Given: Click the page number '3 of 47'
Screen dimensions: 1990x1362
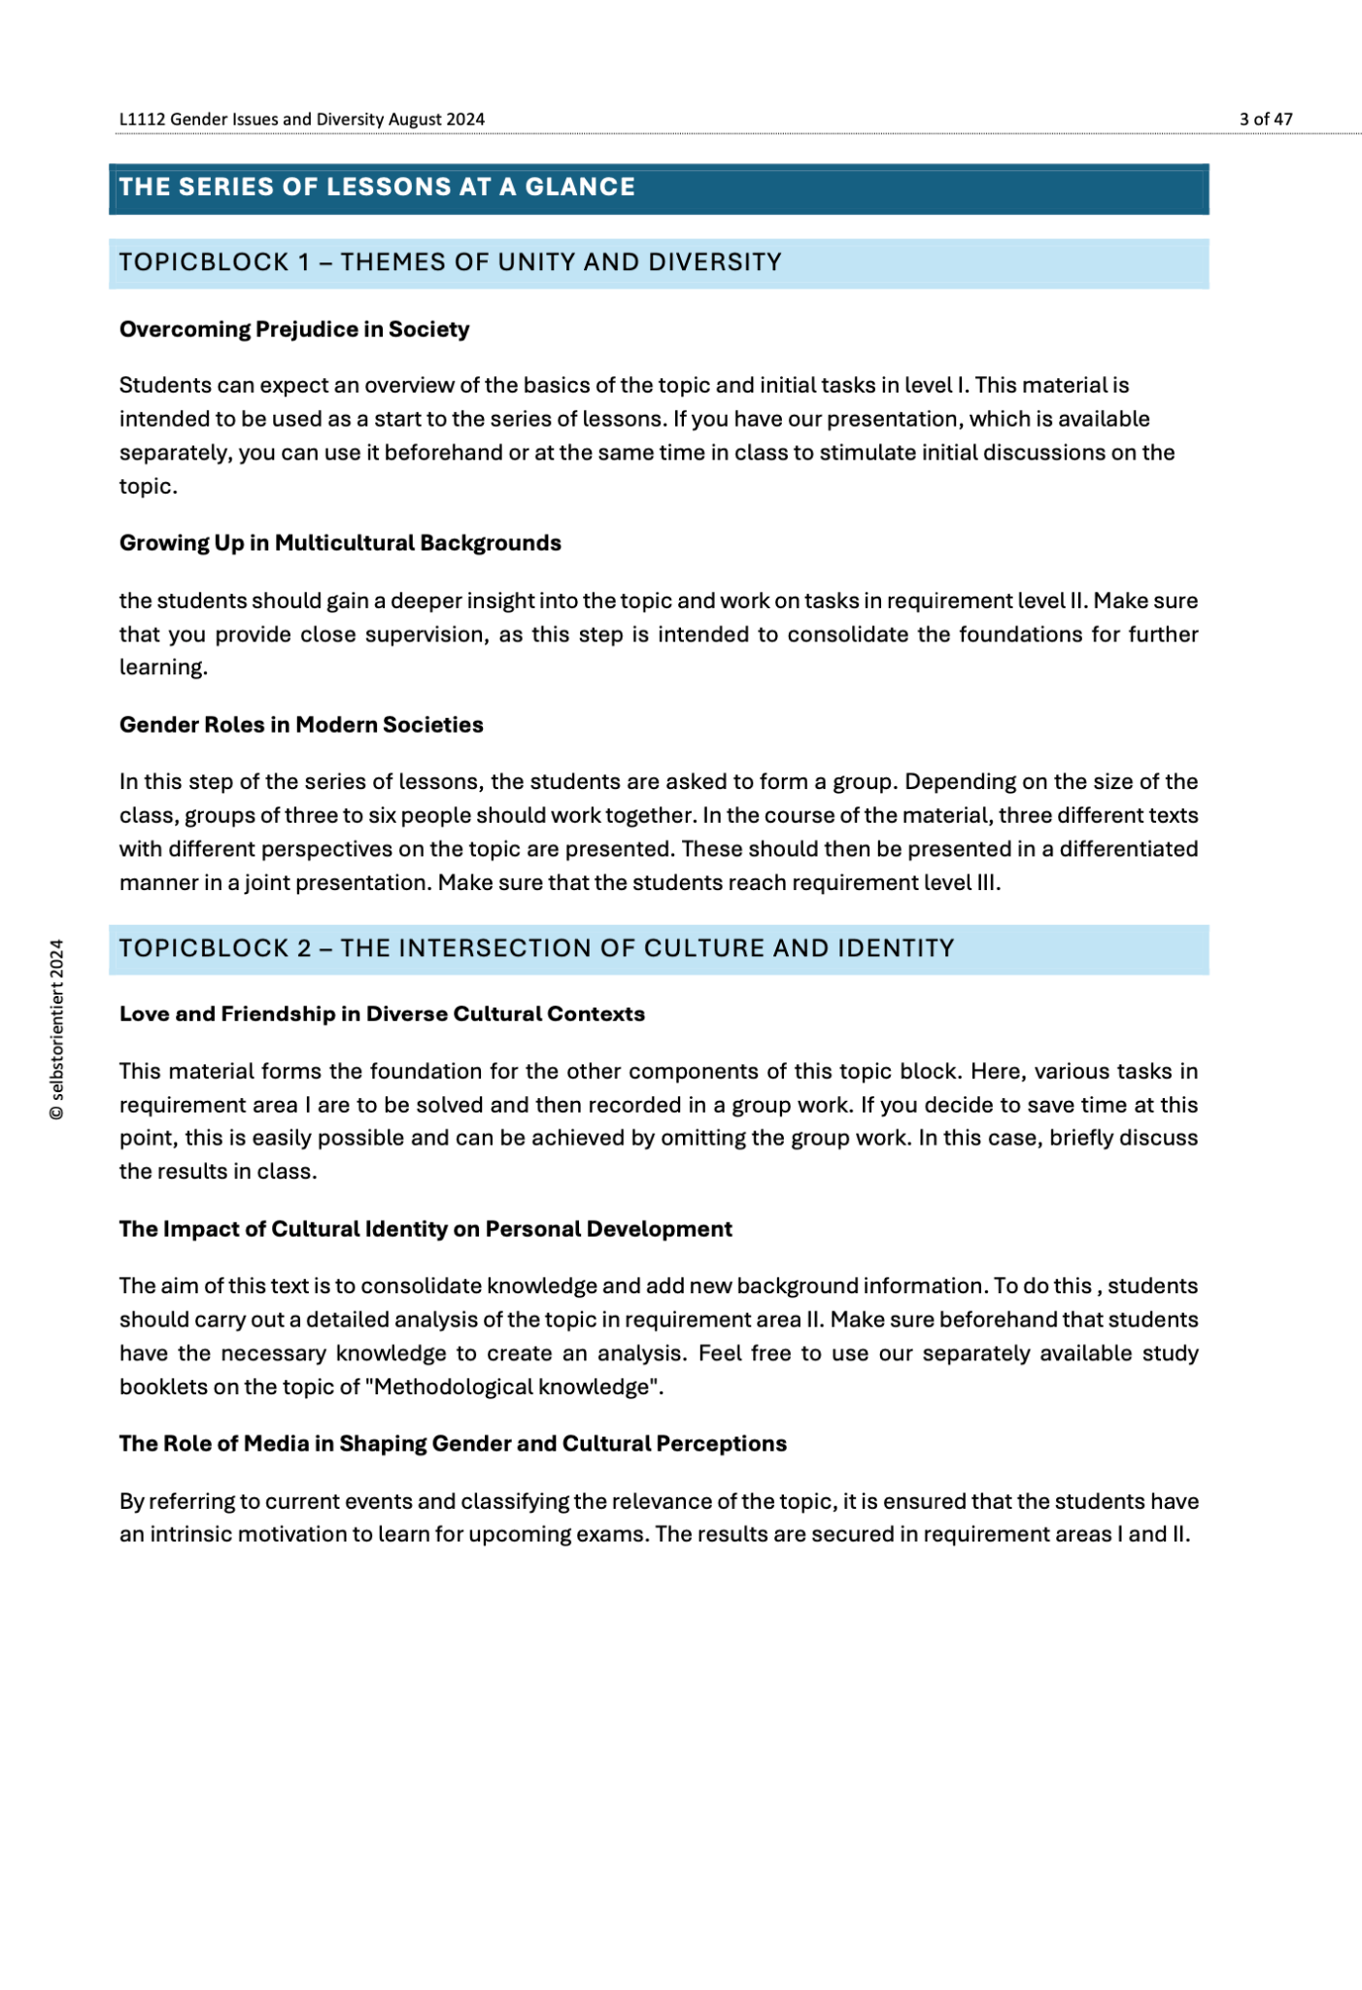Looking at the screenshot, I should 1265,120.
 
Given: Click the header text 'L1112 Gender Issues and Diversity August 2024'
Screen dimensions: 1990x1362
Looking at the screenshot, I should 301,120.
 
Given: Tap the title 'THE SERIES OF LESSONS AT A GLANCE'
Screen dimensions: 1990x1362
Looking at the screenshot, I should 377,187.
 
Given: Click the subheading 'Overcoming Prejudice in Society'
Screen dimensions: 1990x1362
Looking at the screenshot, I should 294,329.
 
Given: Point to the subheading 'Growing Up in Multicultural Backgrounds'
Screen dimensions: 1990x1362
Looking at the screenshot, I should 340,543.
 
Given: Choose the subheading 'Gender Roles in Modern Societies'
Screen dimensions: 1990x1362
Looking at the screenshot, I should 301,725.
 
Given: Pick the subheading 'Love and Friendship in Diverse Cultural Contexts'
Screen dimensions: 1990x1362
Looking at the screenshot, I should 382,1014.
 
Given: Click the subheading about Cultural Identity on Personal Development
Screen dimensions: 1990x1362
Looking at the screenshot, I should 426,1229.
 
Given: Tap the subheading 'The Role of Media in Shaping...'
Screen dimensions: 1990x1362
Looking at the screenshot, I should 453,1444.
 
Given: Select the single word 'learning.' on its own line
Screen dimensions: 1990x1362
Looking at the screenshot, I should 163,668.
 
